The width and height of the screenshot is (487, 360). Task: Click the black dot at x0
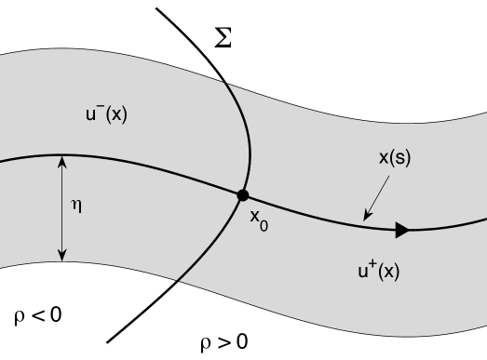tap(243, 195)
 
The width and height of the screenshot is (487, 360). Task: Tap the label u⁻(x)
tap(106, 114)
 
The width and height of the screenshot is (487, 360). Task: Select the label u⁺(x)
tap(378, 271)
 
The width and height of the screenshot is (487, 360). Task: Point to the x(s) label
tap(394, 158)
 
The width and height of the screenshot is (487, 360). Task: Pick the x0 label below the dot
tap(258, 219)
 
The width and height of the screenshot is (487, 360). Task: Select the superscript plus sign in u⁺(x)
tap(371, 265)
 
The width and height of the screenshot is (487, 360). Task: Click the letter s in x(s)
tap(399, 158)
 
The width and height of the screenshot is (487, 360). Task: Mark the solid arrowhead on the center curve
tap(402, 230)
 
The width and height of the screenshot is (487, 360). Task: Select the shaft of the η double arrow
tap(62, 208)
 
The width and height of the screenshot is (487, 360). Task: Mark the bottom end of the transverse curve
tap(177, 279)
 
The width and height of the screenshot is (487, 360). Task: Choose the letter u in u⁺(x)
tap(362, 272)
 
